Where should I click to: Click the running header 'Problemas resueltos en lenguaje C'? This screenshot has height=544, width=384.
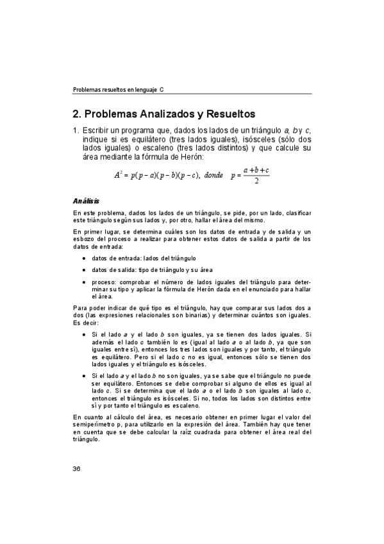pyautogui.click(x=119, y=90)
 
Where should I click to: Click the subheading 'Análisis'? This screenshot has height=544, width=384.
pyautogui.click(x=85, y=201)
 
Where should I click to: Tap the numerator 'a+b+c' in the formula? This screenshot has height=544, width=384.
pyautogui.click(x=256, y=170)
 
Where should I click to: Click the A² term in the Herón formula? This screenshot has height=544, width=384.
pyautogui.click(x=118, y=174)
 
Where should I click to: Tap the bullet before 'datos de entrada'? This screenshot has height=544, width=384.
pyautogui.click(x=85, y=258)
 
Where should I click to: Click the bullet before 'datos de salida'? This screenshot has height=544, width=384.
pyautogui.click(x=85, y=270)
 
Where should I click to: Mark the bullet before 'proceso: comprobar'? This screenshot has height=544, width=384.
pyautogui.click(x=85, y=282)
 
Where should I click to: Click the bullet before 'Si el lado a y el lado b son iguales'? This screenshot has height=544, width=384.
pyautogui.click(x=85, y=334)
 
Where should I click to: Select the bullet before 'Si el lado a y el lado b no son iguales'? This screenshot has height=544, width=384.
pyautogui.click(x=85, y=375)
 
